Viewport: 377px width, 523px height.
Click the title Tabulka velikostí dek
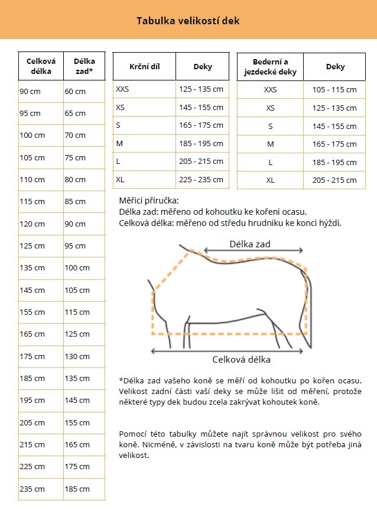pos(188,21)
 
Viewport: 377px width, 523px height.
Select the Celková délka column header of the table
pos(40,66)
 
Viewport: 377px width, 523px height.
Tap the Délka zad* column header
pos(84,66)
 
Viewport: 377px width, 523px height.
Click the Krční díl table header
pos(144,67)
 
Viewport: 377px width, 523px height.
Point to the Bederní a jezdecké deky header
pos(270,67)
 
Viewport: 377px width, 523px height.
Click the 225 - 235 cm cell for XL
pos(201,179)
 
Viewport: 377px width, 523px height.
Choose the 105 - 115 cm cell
pos(334,90)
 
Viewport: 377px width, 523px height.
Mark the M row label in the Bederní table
pos(270,144)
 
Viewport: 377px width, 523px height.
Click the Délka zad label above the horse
pos(250,244)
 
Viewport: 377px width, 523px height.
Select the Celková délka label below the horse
pos(241,359)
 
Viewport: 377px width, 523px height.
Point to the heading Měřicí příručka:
pos(149,201)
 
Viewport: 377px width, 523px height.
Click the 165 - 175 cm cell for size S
pos(201,125)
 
